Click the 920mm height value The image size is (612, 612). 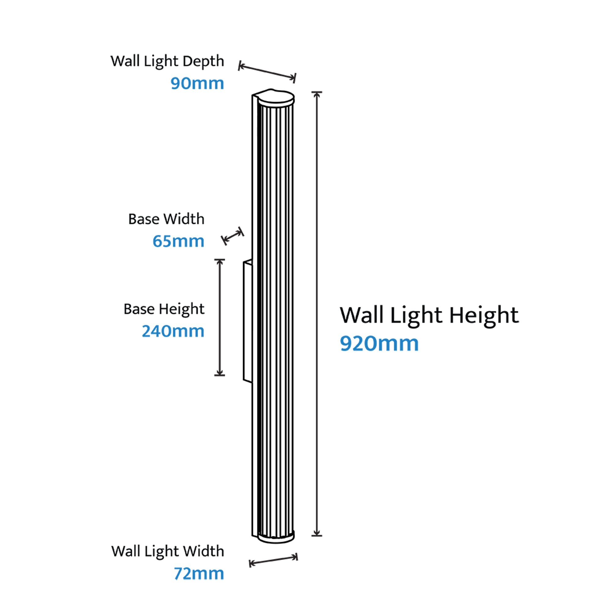pyautogui.click(x=379, y=344)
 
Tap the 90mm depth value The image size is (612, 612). pyautogui.click(x=197, y=83)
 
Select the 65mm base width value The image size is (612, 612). pyautogui.click(x=178, y=241)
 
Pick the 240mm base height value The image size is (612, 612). pyautogui.click(x=173, y=331)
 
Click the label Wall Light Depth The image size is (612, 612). pyautogui.click(x=167, y=61)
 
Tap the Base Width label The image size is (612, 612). pyautogui.click(x=166, y=219)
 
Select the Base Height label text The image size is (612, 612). pyautogui.click(x=164, y=309)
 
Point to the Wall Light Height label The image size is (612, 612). pyautogui.click(x=429, y=315)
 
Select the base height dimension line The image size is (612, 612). pyautogui.click(x=219, y=317)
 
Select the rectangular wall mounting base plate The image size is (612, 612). pyautogui.click(x=248, y=321)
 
